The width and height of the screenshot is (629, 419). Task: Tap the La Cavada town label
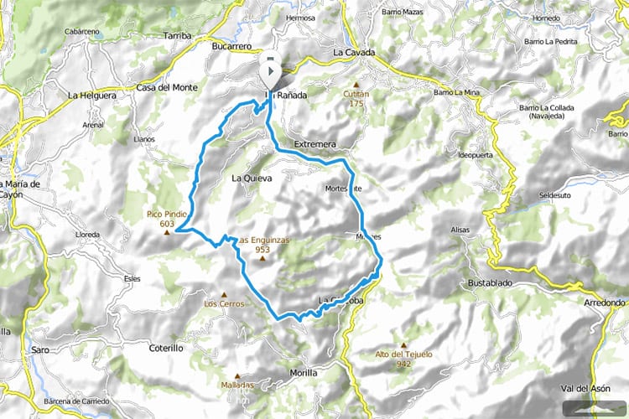click(x=352, y=52)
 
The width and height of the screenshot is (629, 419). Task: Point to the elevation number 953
click(x=262, y=249)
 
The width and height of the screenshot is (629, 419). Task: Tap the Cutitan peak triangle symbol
click(x=356, y=85)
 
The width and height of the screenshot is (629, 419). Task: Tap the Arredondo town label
click(x=605, y=303)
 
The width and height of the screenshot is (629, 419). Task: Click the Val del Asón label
click(x=585, y=387)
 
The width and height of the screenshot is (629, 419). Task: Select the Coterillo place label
click(x=165, y=348)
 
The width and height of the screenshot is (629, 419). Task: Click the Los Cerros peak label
click(x=224, y=303)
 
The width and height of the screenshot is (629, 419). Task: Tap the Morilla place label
click(x=303, y=372)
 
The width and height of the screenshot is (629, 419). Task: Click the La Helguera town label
click(x=90, y=96)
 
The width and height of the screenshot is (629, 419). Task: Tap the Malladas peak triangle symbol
click(x=237, y=375)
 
